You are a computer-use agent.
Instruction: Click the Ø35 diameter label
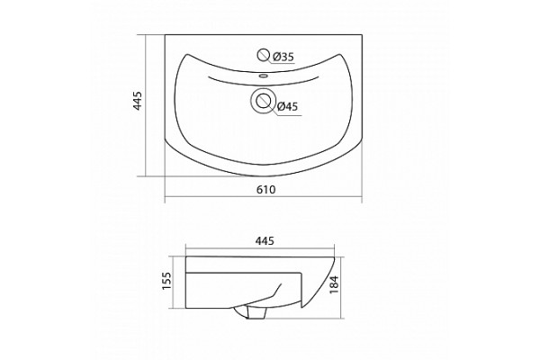point(283,57)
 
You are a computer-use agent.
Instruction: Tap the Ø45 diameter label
point(287,107)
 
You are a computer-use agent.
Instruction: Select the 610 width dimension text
point(265,190)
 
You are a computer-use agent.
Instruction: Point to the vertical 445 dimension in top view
point(138,101)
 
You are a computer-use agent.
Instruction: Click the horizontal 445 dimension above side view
point(265,241)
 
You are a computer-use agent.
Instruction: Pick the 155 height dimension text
point(166,281)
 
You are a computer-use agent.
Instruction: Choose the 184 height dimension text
point(335,285)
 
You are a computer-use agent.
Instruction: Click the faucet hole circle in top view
point(264,55)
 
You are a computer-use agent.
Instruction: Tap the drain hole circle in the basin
point(263,100)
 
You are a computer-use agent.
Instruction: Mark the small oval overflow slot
point(264,75)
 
